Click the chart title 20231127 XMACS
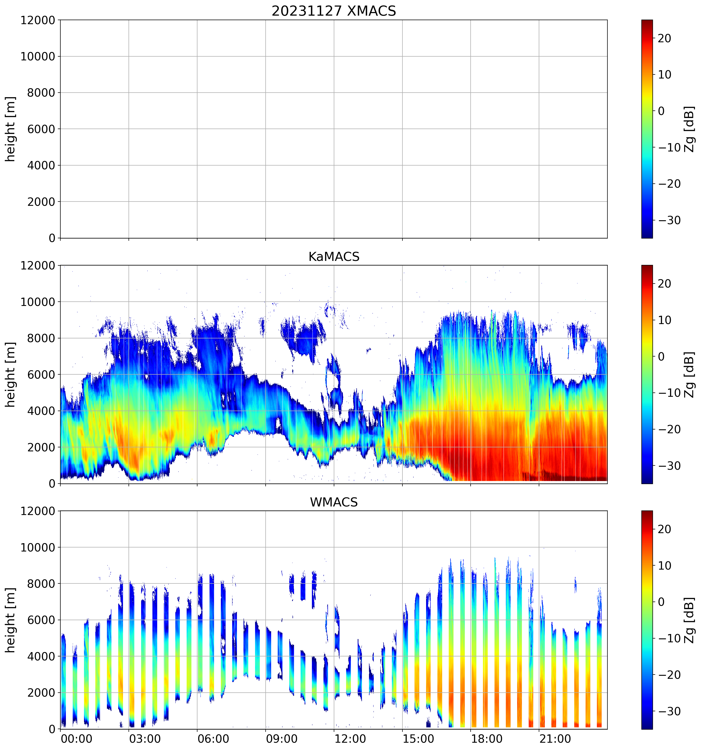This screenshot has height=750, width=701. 334,11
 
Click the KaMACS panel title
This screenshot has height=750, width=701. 334,257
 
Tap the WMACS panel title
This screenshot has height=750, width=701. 334,502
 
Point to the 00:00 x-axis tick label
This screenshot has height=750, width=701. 76,739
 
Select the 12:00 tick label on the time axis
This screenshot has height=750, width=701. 350,739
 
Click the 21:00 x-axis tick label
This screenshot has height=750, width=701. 555,739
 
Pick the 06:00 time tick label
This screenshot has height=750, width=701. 214,739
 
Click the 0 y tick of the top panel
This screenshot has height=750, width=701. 52,238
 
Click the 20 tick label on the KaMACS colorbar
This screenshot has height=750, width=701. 665,284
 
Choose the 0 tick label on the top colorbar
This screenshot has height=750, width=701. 661,111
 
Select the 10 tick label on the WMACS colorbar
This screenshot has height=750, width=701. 665,566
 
